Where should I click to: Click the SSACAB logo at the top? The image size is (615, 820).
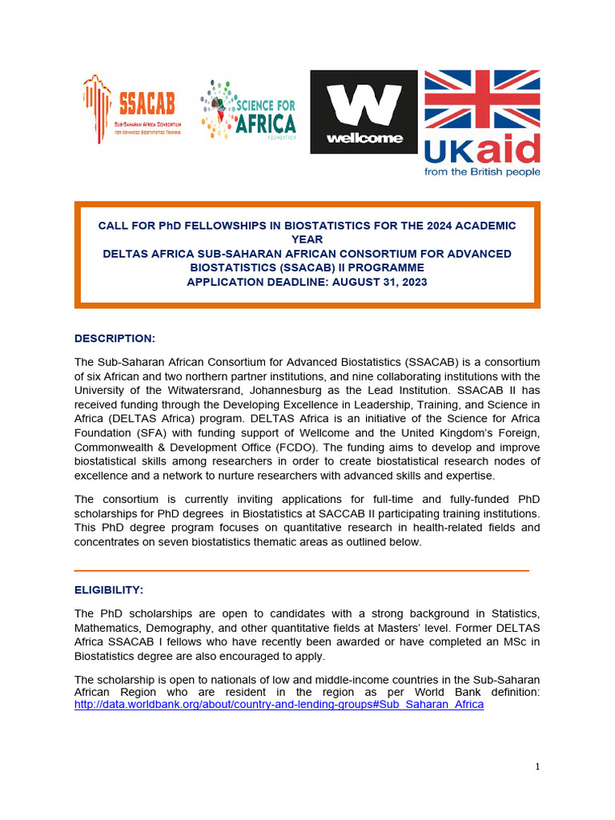(131, 108)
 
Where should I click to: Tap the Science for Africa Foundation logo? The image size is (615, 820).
(248, 110)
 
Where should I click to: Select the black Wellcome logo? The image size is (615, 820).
(364, 111)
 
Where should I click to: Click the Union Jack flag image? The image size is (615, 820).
(481, 101)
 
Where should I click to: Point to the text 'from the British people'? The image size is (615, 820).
(481, 171)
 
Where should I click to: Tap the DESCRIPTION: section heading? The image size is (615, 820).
(115, 338)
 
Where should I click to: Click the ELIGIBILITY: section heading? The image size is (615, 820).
(109, 589)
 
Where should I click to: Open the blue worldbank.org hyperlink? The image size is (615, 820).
(279, 705)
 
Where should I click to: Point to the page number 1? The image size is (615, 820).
(537, 767)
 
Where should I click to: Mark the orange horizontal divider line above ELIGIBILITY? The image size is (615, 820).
(301, 570)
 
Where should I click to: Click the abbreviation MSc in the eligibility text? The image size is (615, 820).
(506, 642)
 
